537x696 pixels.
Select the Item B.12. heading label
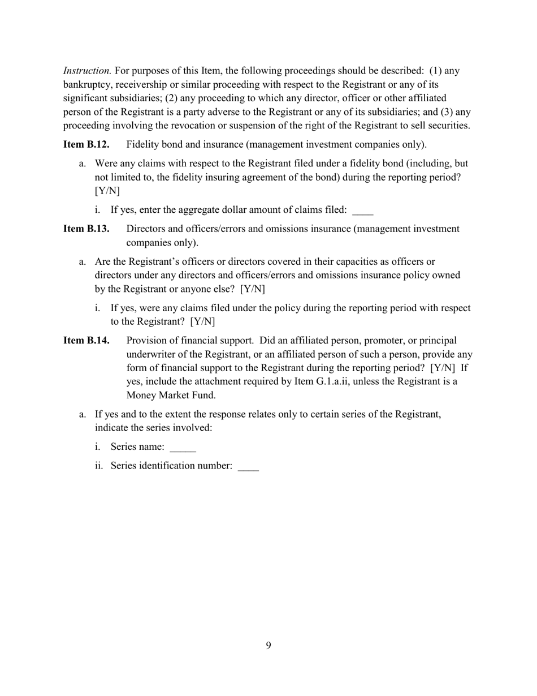click(86, 144)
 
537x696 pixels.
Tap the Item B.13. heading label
click(86, 229)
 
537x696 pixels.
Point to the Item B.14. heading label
click(86, 341)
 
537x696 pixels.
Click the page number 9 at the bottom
click(268, 646)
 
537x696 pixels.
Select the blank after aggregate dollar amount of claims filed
click(362, 211)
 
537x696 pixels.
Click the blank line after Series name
click(183, 448)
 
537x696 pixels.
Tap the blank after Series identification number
click(248, 467)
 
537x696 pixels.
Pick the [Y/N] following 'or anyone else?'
click(252, 289)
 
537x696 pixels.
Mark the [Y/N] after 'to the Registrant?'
click(202, 322)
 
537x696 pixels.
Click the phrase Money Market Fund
click(171, 395)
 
